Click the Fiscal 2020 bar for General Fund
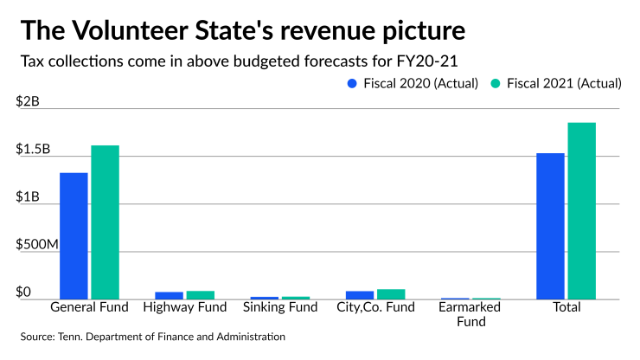coord(74,235)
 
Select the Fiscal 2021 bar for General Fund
coord(105,222)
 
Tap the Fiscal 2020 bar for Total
coord(550,226)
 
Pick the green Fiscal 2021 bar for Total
coord(581,210)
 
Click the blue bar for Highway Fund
coord(169,295)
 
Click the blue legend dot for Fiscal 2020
coord(352,84)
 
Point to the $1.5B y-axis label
coord(33,149)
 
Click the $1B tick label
coord(28,196)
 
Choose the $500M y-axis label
coord(36,244)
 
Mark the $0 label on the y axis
coord(23,292)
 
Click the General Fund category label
coord(89,307)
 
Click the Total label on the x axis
coord(566,307)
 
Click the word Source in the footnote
coord(41,336)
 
